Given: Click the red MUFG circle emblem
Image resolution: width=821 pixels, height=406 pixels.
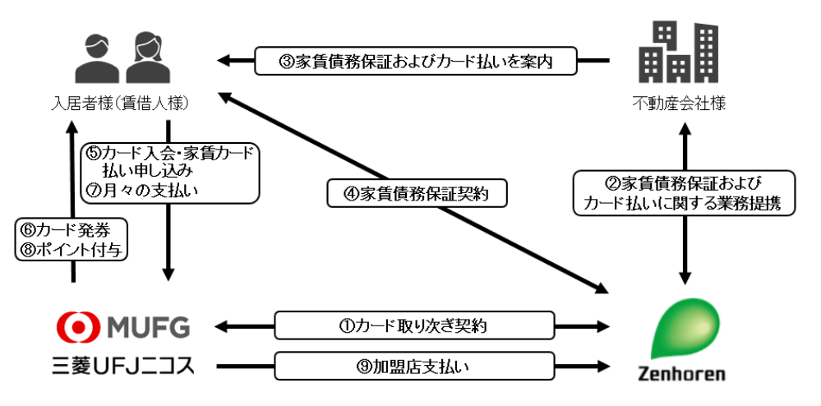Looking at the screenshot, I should point(76,327).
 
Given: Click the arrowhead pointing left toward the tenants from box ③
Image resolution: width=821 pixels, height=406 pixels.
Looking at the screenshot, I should point(224,61).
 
